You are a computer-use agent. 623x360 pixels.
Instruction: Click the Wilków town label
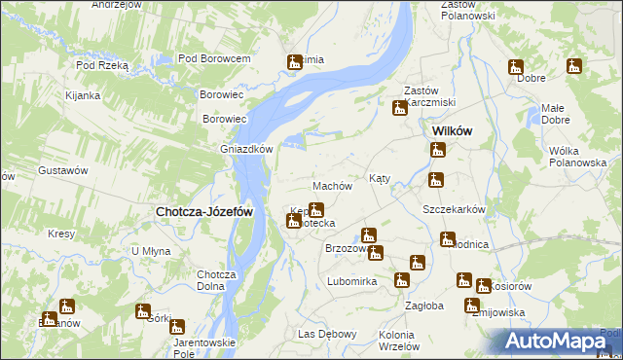(x=452, y=131)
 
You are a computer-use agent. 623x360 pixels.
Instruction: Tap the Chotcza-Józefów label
(x=205, y=211)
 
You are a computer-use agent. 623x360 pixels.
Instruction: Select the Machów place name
(x=331, y=186)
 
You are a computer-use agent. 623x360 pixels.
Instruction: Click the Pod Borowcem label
(x=214, y=59)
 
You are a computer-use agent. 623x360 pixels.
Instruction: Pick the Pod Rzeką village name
(x=102, y=65)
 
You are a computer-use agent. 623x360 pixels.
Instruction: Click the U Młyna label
(x=151, y=251)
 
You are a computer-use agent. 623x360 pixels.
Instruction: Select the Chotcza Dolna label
(x=217, y=280)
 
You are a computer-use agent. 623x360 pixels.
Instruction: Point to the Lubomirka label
(x=351, y=281)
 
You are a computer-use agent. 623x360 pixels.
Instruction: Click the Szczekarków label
(x=454, y=209)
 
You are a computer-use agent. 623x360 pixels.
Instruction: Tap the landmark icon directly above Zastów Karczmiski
(x=400, y=109)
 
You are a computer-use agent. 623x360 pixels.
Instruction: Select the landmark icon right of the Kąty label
(x=436, y=179)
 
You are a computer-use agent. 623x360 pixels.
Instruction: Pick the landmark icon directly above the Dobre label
(x=515, y=67)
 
